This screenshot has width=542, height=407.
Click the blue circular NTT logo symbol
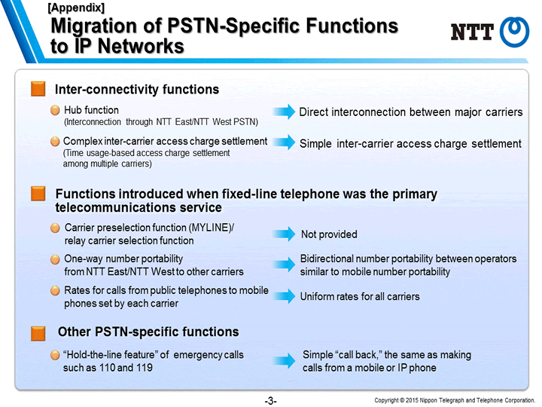point(514,32)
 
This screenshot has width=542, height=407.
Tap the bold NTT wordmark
point(472,32)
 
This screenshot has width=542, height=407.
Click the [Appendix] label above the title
point(76,8)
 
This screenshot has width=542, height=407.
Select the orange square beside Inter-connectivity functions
point(38,89)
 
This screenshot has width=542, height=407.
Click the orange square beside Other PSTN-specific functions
point(38,333)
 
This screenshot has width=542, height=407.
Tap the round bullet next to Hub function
point(55,110)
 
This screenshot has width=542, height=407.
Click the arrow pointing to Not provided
point(284,234)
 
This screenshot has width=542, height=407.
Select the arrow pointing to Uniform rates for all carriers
point(284,296)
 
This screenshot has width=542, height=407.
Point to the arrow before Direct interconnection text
point(284,112)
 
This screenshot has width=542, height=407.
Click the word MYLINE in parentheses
point(210,228)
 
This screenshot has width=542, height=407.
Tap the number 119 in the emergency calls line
point(144,368)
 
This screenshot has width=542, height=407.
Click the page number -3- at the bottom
point(271,401)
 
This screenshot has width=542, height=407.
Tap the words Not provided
point(329,234)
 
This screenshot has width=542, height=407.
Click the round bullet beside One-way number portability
point(55,259)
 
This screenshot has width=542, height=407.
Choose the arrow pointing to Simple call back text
point(284,360)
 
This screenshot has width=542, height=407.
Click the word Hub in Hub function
point(72,110)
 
